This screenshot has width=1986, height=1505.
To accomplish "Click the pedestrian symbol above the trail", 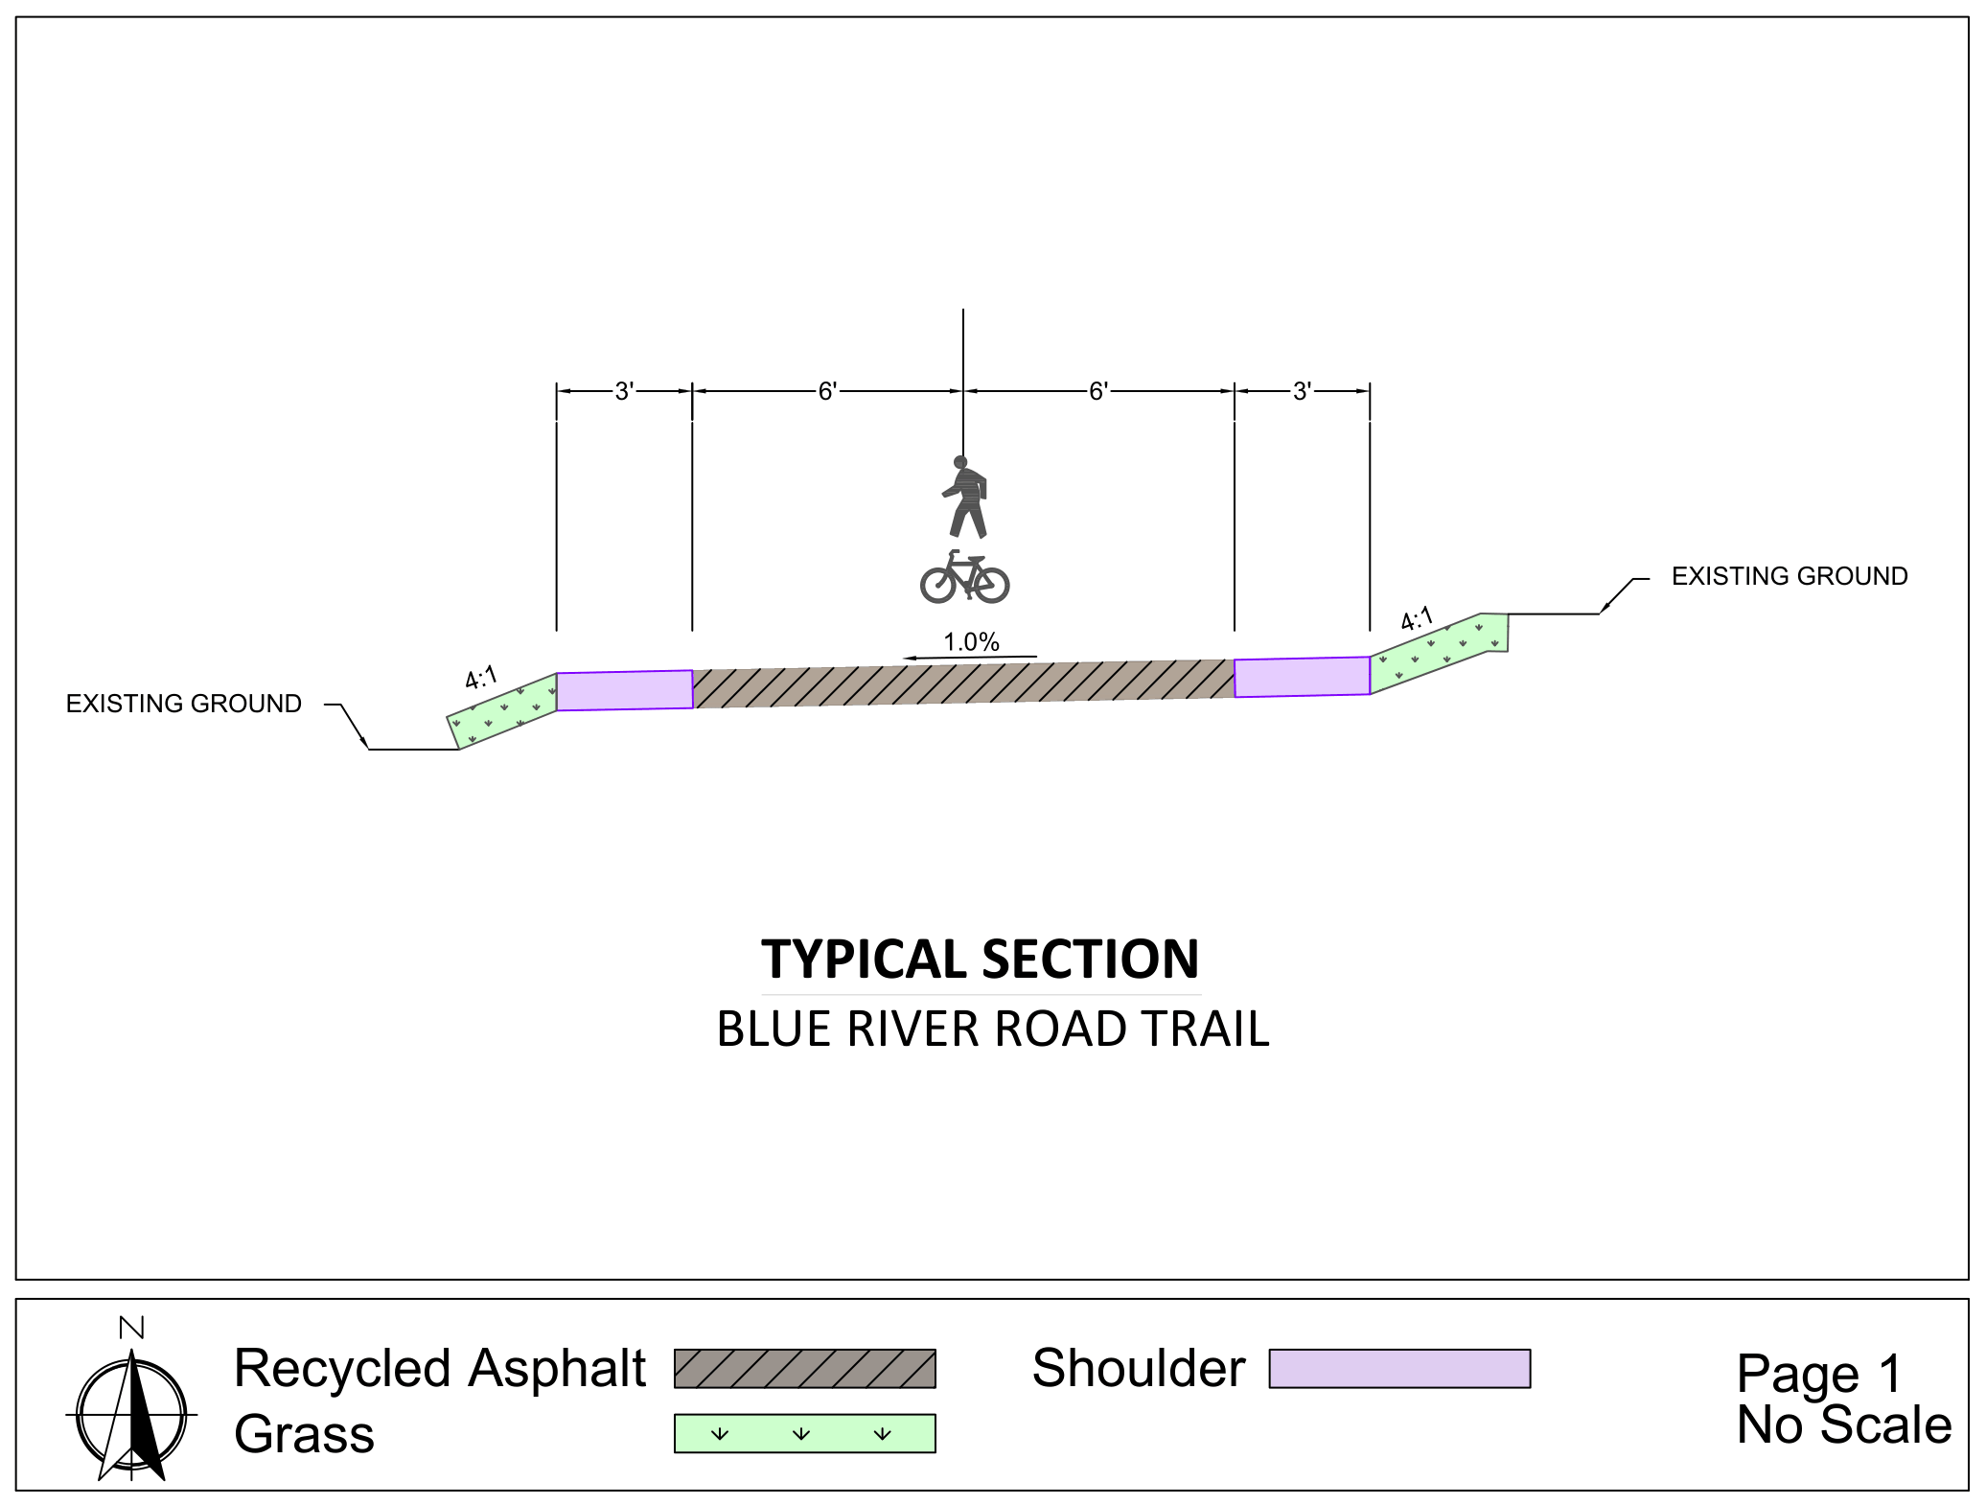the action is pyautogui.click(x=965, y=497).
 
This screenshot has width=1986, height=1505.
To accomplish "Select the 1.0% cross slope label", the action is pyautogui.click(x=971, y=641).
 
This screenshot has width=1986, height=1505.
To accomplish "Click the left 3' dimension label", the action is pyautogui.click(x=624, y=391).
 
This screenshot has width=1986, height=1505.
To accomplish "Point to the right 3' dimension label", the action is pyautogui.click(x=1302, y=391).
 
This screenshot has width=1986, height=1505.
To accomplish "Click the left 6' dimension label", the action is pyautogui.click(x=827, y=391).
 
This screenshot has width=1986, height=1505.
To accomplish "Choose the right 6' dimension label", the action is pyautogui.click(x=1098, y=391).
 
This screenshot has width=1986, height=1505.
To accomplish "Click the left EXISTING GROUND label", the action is pyautogui.click(x=183, y=704).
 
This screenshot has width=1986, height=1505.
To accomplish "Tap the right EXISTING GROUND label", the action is pyautogui.click(x=1790, y=576).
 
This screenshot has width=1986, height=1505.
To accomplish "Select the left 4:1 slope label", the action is pyautogui.click(x=481, y=678).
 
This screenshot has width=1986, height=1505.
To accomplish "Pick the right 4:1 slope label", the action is pyautogui.click(x=1417, y=619).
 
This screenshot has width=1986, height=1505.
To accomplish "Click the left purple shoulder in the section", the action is pyautogui.click(x=625, y=690).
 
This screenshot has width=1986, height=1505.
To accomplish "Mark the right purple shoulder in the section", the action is pyautogui.click(x=1303, y=677).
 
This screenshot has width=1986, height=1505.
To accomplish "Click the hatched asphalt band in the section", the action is pyautogui.click(x=963, y=683).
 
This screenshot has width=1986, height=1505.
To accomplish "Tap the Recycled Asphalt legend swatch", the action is pyautogui.click(x=805, y=1369).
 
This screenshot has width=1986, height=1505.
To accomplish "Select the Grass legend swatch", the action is pyautogui.click(x=805, y=1433).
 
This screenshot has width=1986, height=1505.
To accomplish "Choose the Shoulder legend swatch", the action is pyautogui.click(x=1399, y=1369).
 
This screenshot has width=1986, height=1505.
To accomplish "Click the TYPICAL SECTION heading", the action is pyautogui.click(x=980, y=960).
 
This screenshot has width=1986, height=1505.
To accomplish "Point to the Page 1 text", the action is pyautogui.click(x=1818, y=1374).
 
